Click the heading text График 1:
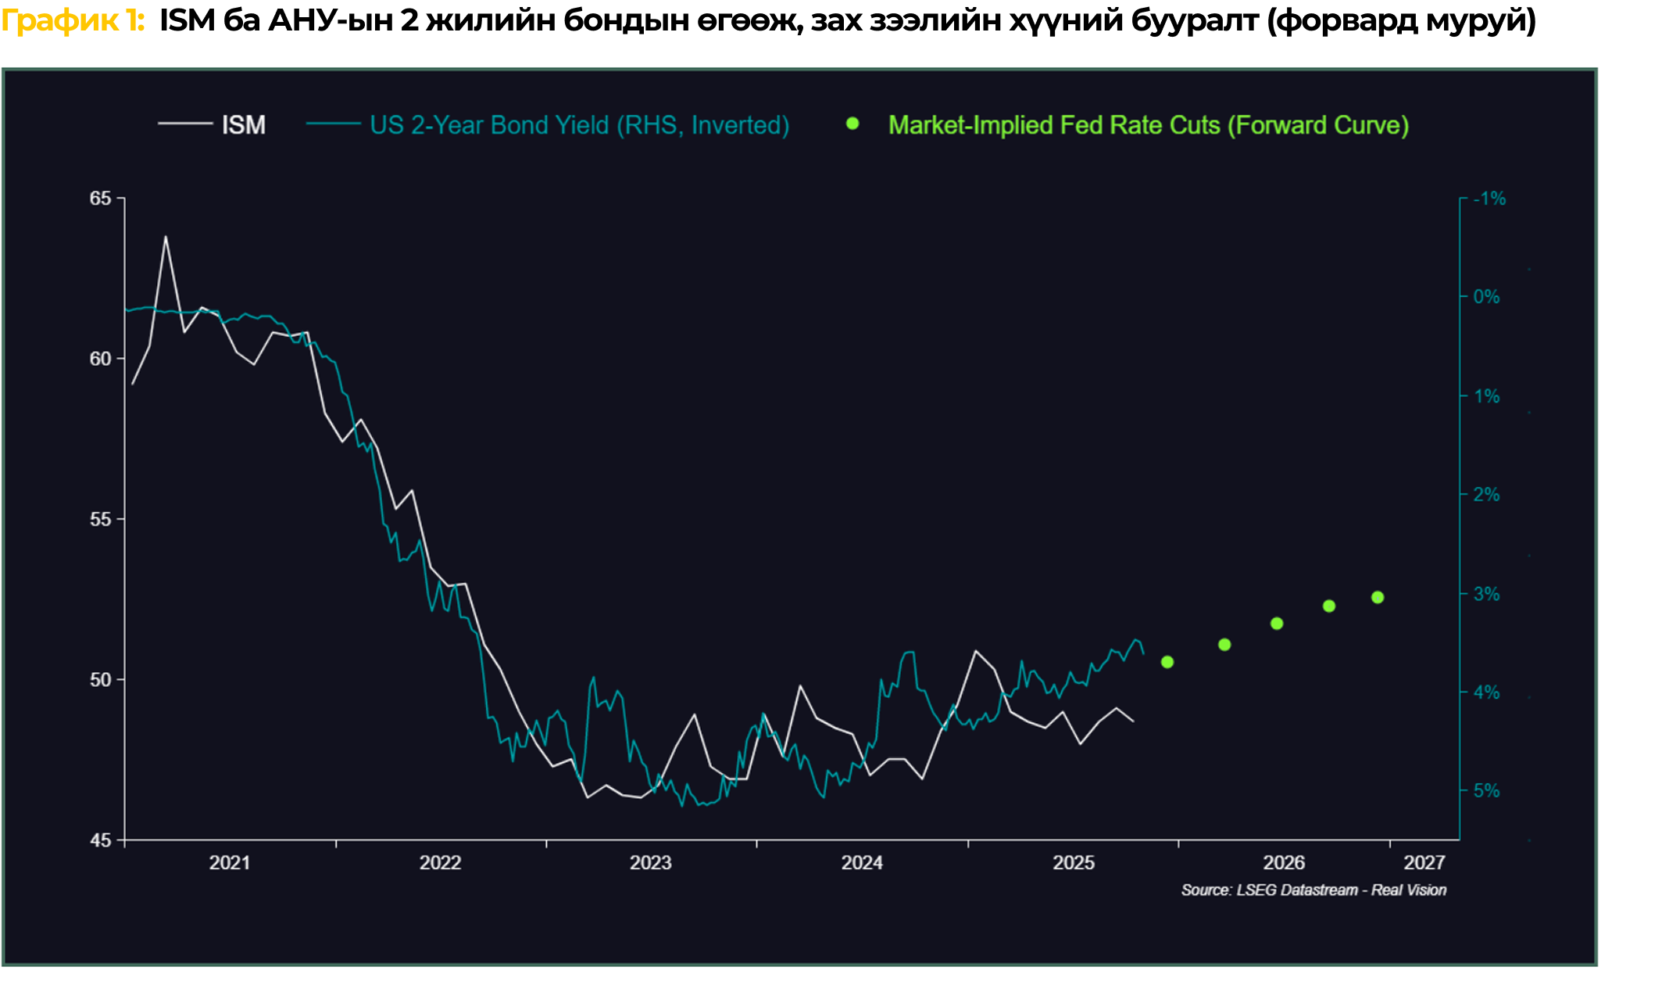(x=73, y=21)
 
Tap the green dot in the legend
(x=852, y=123)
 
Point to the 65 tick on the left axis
(x=101, y=199)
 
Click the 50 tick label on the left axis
(x=101, y=679)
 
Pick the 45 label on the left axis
(x=101, y=840)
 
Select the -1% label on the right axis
(x=1489, y=199)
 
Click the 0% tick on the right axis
(x=1486, y=297)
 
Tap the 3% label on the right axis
(x=1486, y=594)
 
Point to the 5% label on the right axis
(x=1486, y=791)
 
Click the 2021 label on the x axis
(x=230, y=863)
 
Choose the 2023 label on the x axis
(x=651, y=863)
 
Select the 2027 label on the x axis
(x=1424, y=863)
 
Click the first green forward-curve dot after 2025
(x=1167, y=662)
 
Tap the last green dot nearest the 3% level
(x=1378, y=597)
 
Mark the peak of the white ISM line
(x=166, y=237)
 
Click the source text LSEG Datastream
(x=1297, y=890)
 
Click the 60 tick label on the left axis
(x=101, y=359)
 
